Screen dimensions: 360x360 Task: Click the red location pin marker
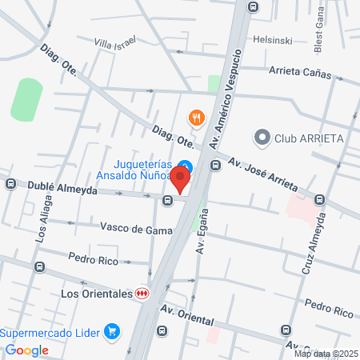click(182, 181)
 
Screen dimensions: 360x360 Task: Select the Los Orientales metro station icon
click(142, 294)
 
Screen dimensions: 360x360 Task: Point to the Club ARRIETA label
click(309, 138)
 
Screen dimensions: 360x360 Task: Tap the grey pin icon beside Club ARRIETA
click(261, 138)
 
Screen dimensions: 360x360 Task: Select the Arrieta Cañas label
click(300, 70)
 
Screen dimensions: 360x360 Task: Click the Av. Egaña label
click(202, 232)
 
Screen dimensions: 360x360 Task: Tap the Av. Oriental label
click(189, 315)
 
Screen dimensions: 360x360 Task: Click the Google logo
click(27, 350)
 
